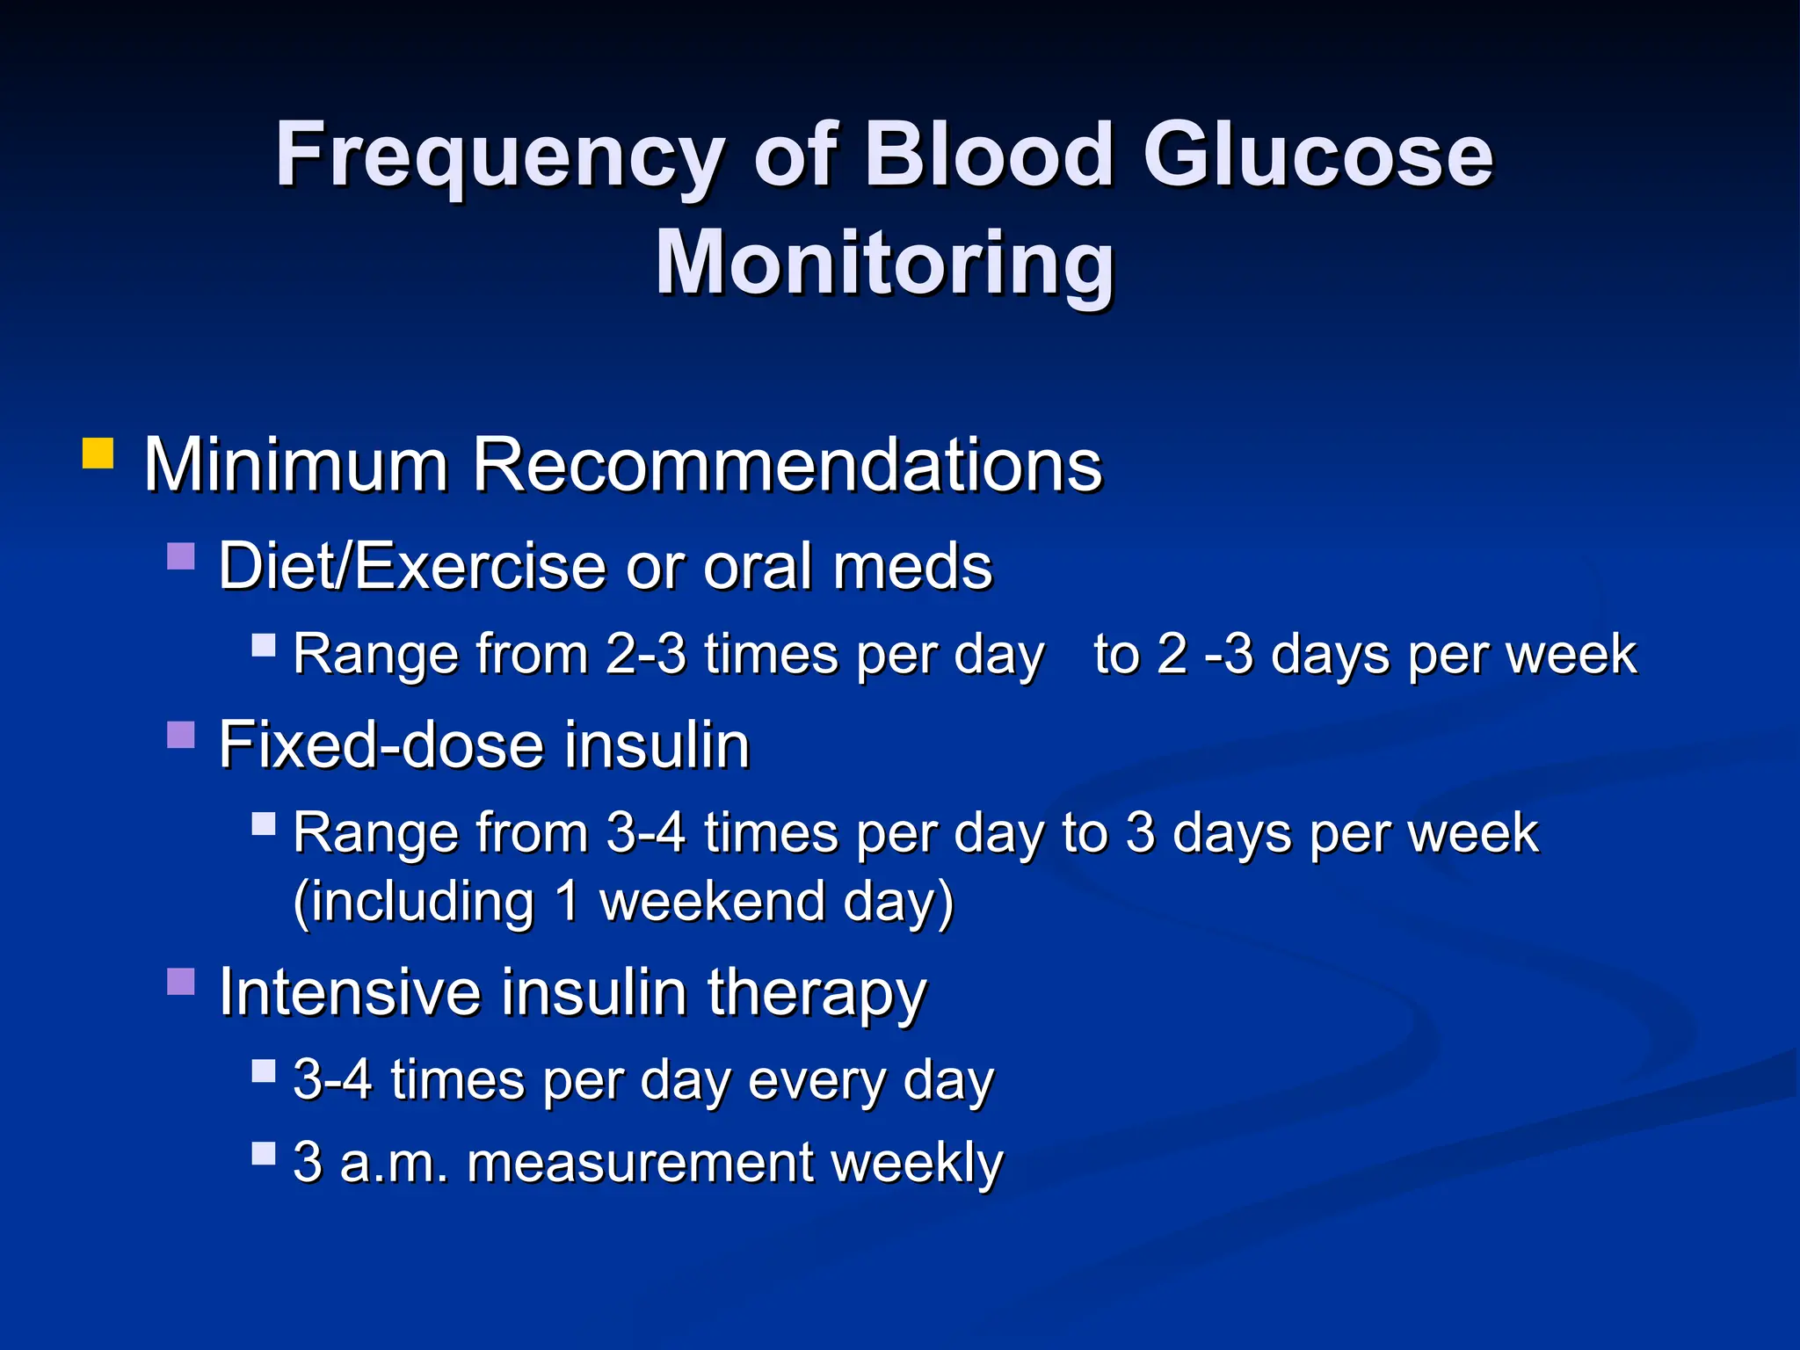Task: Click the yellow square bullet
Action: pyautogui.click(x=98, y=454)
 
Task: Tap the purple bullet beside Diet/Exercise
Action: pyautogui.click(x=180, y=556)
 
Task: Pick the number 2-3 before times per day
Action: pyautogui.click(x=645, y=655)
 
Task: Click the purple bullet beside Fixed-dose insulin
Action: pyautogui.click(x=180, y=735)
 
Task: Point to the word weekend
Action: pyautogui.click(x=711, y=902)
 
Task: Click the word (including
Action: pyautogui.click(x=413, y=904)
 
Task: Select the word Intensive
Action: pyautogui.click(x=349, y=992)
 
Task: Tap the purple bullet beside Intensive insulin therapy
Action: pyautogui.click(x=180, y=982)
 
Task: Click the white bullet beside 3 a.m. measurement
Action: pyautogui.click(x=264, y=1153)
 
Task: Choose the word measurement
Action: pyautogui.click(x=640, y=1163)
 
